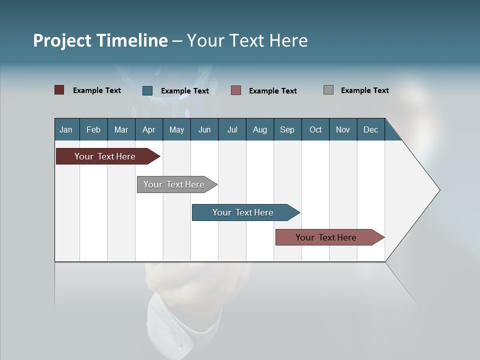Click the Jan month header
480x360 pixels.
pyautogui.click(x=66, y=129)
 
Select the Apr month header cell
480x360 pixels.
pyautogui.click(x=149, y=129)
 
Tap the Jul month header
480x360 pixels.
pyautogui.click(x=232, y=129)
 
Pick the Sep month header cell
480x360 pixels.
pyautogui.click(x=287, y=129)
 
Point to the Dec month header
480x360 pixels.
pyautogui.click(x=370, y=129)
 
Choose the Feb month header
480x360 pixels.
pyautogui.click(x=93, y=129)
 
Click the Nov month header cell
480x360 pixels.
pyautogui.click(x=343, y=129)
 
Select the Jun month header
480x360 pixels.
pyautogui.click(x=204, y=129)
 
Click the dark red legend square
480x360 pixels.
pyautogui.click(x=59, y=90)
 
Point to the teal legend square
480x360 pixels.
pyautogui.click(x=147, y=90)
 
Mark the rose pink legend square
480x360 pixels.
pyautogui.click(x=236, y=90)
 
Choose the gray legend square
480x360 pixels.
pyautogui.click(x=328, y=90)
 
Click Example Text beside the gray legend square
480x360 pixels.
pyautogui.click(x=364, y=90)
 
